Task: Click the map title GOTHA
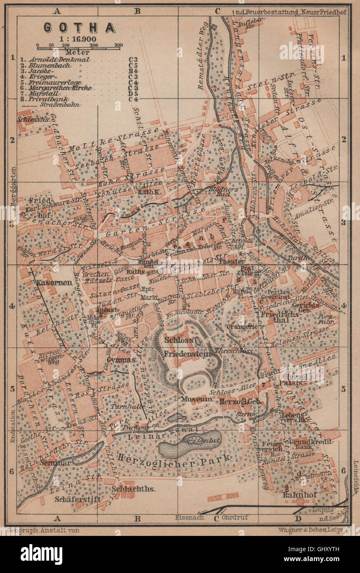click(x=80, y=28)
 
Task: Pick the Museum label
click(x=196, y=399)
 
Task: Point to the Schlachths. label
click(x=133, y=489)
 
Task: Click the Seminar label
click(x=56, y=463)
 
